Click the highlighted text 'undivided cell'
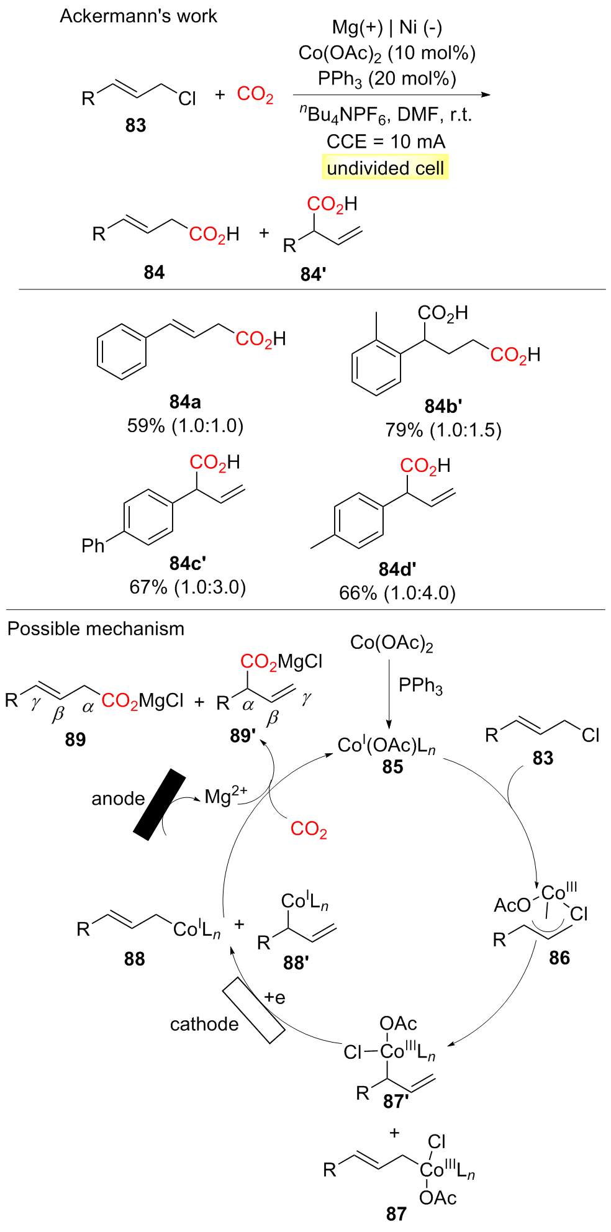[x=385, y=168]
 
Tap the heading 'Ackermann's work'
[x=138, y=16]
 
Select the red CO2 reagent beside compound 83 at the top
[x=255, y=94]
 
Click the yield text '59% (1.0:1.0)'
[x=185, y=426]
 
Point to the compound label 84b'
[x=443, y=406]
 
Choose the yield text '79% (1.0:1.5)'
[x=443, y=430]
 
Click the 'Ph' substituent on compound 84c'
[x=93, y=546]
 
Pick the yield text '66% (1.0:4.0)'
[x=397, y=593]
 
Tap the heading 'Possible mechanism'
[x=96, y=629]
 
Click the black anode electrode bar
[x=160, y=804]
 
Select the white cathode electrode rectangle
[x=253, y=1010]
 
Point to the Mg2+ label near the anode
[x=226, y=796]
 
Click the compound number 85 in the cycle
[x=392, y=768]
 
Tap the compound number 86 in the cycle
[x=559, y=958]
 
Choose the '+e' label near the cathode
[x=274, y=998]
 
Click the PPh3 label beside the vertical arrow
[x=420, y=686]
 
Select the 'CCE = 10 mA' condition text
[x=386, y=142]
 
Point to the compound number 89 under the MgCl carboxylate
[x=75, y=740]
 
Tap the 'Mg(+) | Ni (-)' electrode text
[x=387, y=27]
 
